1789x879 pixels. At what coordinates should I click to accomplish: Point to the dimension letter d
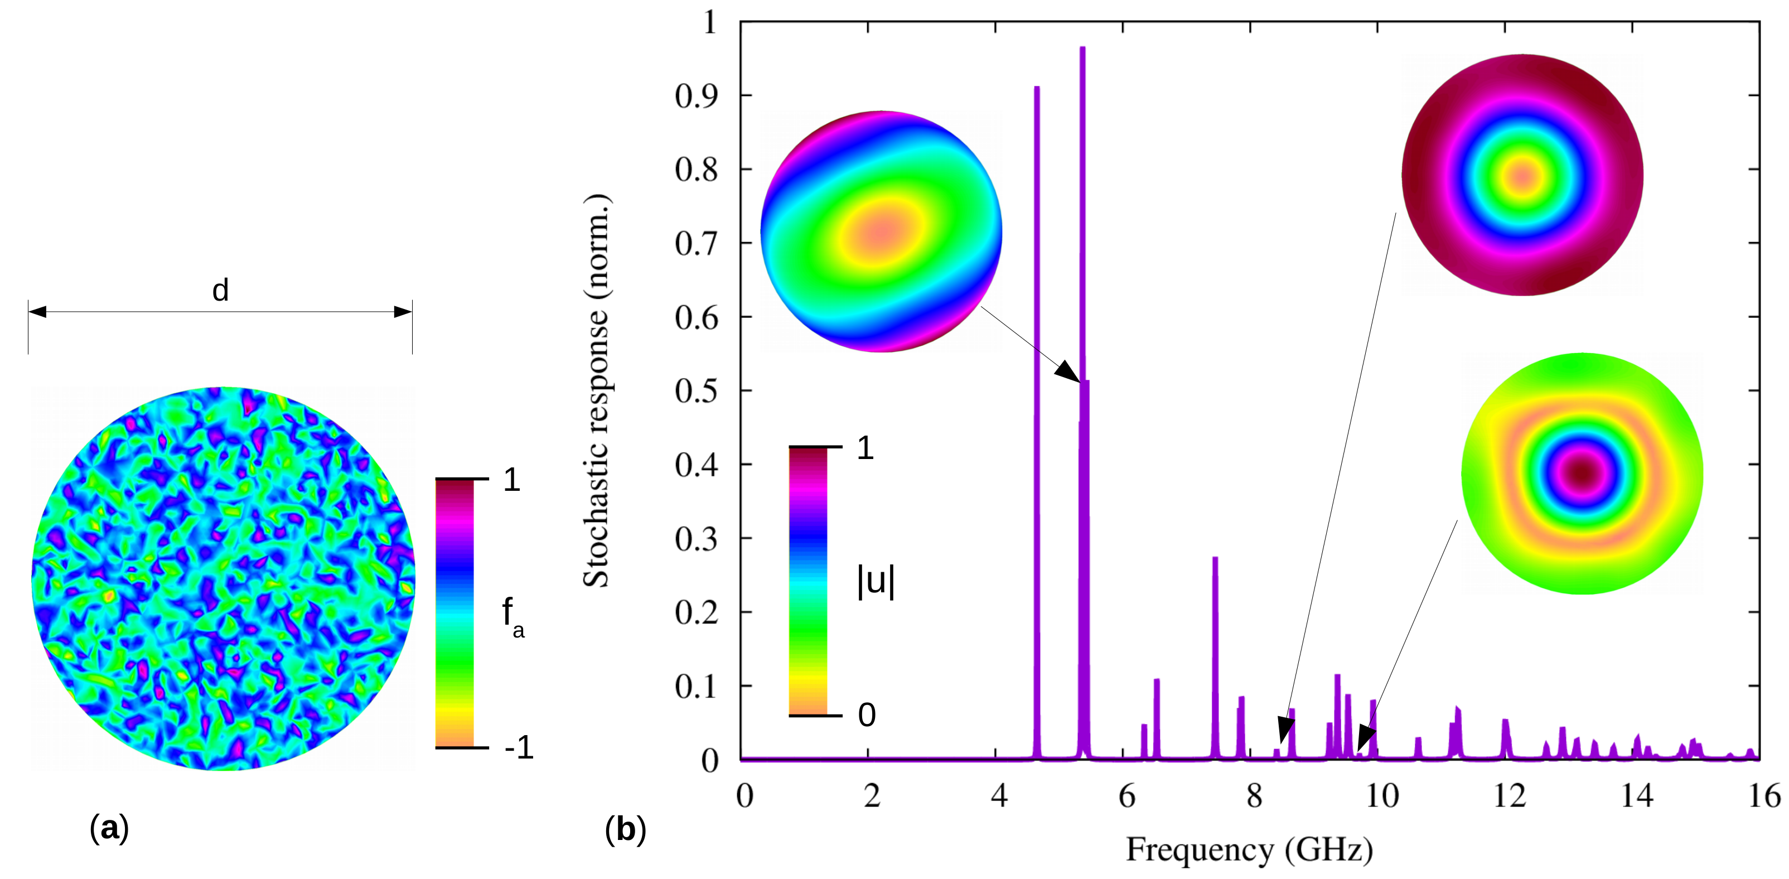coord(220,290)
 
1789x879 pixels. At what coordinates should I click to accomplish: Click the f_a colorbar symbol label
coord(512,616)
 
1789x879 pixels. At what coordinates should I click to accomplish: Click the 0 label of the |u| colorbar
coord(867,714)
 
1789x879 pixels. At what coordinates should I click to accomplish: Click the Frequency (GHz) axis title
coord(1249,849)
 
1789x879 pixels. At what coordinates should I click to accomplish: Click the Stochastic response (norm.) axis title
coord(596,391)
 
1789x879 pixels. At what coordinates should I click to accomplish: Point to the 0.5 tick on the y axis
coord(696,390)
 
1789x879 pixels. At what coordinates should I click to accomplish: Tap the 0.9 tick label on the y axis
coord(696,96)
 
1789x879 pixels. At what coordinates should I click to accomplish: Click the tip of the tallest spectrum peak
coord(1082,48)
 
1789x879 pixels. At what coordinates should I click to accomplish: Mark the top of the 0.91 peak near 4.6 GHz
coord(1036,88)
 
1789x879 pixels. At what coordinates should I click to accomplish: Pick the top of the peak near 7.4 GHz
coord(1215,558)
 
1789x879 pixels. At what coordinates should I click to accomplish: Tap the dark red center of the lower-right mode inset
coord(1582,473)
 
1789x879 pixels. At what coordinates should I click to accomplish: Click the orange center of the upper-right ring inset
coord(1522,175)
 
